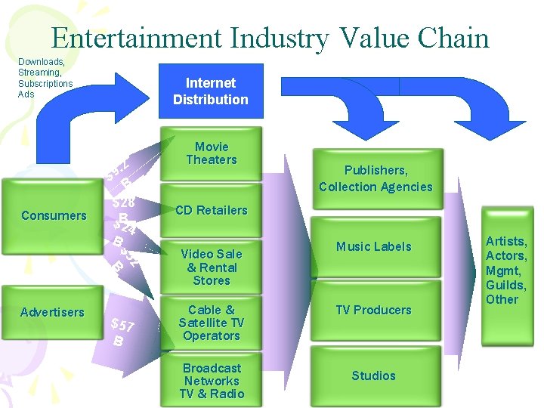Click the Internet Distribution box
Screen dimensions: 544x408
pyautogui.click(x=210, y=91)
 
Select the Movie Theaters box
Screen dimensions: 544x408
pyautogui.click(x=211, y=153)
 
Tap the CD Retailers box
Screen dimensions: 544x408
pyautogui.click(x=211, y=210)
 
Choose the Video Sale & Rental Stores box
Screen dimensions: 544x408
pyautogui.click(x=211, y=267)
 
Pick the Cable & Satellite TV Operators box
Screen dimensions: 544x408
pyautogui.click(x=211, y=323)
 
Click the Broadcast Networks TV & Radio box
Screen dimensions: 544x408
pyautogui.click(x=211, y=380)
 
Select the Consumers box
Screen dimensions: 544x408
pyautogui.click(x=54, y=216)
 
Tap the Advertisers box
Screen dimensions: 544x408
pyautogui.click(x=53, y=312)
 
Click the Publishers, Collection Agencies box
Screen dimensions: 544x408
pyautogui.click(x=375, y=179)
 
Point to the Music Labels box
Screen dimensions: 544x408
pyautogui.click(x=373, y=246)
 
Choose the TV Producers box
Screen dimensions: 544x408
pyautogui.click(x=373, y=310)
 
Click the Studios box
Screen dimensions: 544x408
pyautogui.click(x=373, y=376)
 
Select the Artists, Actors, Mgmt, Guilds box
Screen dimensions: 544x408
pyautogui.click(x=505, y=270)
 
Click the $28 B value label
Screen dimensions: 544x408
pyautogui.click(x=123, y=209)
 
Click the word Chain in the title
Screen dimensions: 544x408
pyautogui.click(x=454, y=38)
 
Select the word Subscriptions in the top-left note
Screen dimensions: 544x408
pyautogui.click(x=45, y=83)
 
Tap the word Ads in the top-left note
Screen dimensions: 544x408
pyautogui.click(x=26, y=94)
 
